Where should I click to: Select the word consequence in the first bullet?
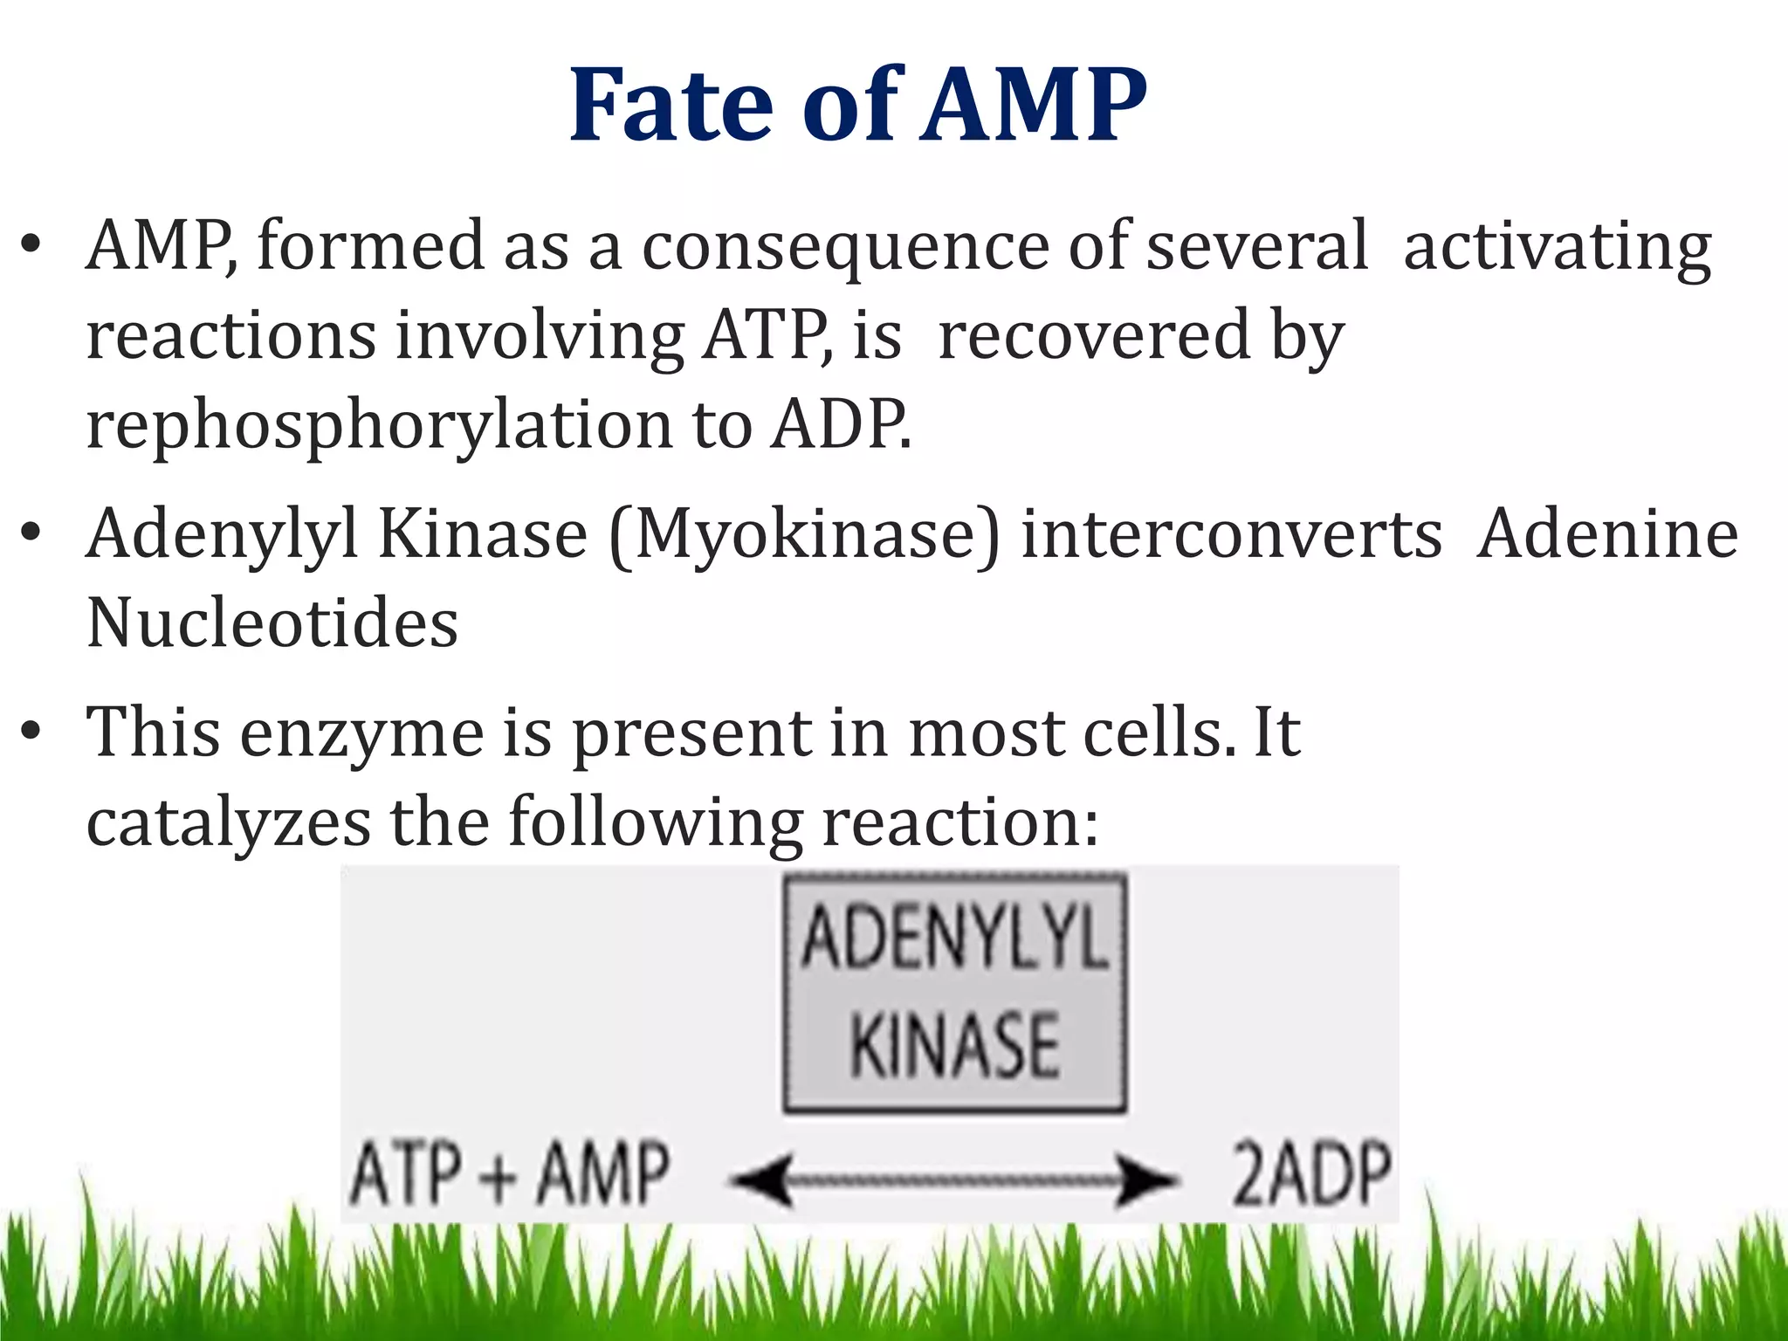point(845,248)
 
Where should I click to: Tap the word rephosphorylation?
point(379,425)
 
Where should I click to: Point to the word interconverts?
point(1231,534)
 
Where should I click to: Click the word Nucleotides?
point(272,623)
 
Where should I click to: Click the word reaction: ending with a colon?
point(960,822)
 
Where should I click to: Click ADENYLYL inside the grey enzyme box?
point(954,938)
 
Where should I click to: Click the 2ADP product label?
point(1310,1174)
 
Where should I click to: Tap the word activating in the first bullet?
point(1557,248)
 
